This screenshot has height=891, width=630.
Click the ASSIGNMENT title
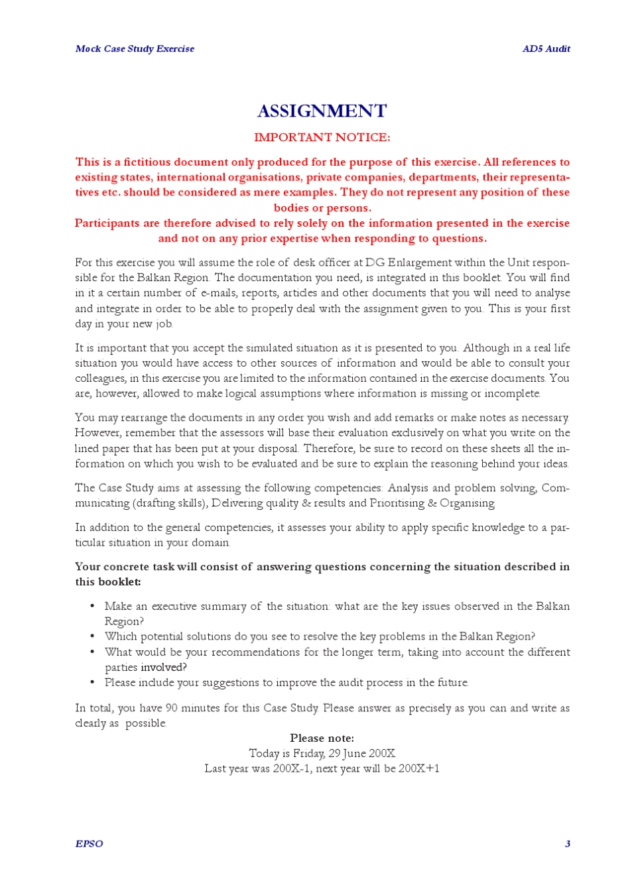point(322,111)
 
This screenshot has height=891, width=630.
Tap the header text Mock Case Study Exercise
point(135,48)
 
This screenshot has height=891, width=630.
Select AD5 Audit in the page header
point(546,48)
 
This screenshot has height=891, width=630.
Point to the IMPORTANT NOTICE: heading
point(322,138)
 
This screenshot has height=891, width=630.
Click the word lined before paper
point(87,449)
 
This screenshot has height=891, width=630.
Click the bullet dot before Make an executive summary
point(92,606)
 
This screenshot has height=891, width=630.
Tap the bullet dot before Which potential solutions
point(92,636)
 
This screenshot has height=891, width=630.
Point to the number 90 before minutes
point(171,708)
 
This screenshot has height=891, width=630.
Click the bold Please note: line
point(322,739)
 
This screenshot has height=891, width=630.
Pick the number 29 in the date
point(335,754)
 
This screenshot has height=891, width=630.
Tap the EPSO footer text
point(89,844)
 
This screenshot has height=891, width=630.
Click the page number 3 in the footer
point(567,844)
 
